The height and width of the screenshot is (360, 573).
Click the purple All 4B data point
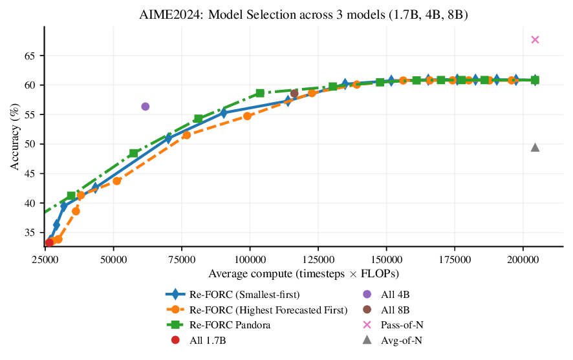(x=145, y=107)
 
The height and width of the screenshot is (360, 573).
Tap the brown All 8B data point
(x=294, y=94)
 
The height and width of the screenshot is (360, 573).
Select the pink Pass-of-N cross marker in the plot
(x=535, y=39)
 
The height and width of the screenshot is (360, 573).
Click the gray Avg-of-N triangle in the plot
(x=535, y=147)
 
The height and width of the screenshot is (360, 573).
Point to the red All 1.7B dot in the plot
(x=49, y=242)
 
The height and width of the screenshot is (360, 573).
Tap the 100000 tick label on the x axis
(x=250, y=260)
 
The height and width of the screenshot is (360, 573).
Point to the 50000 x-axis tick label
(x=113, y=260)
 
